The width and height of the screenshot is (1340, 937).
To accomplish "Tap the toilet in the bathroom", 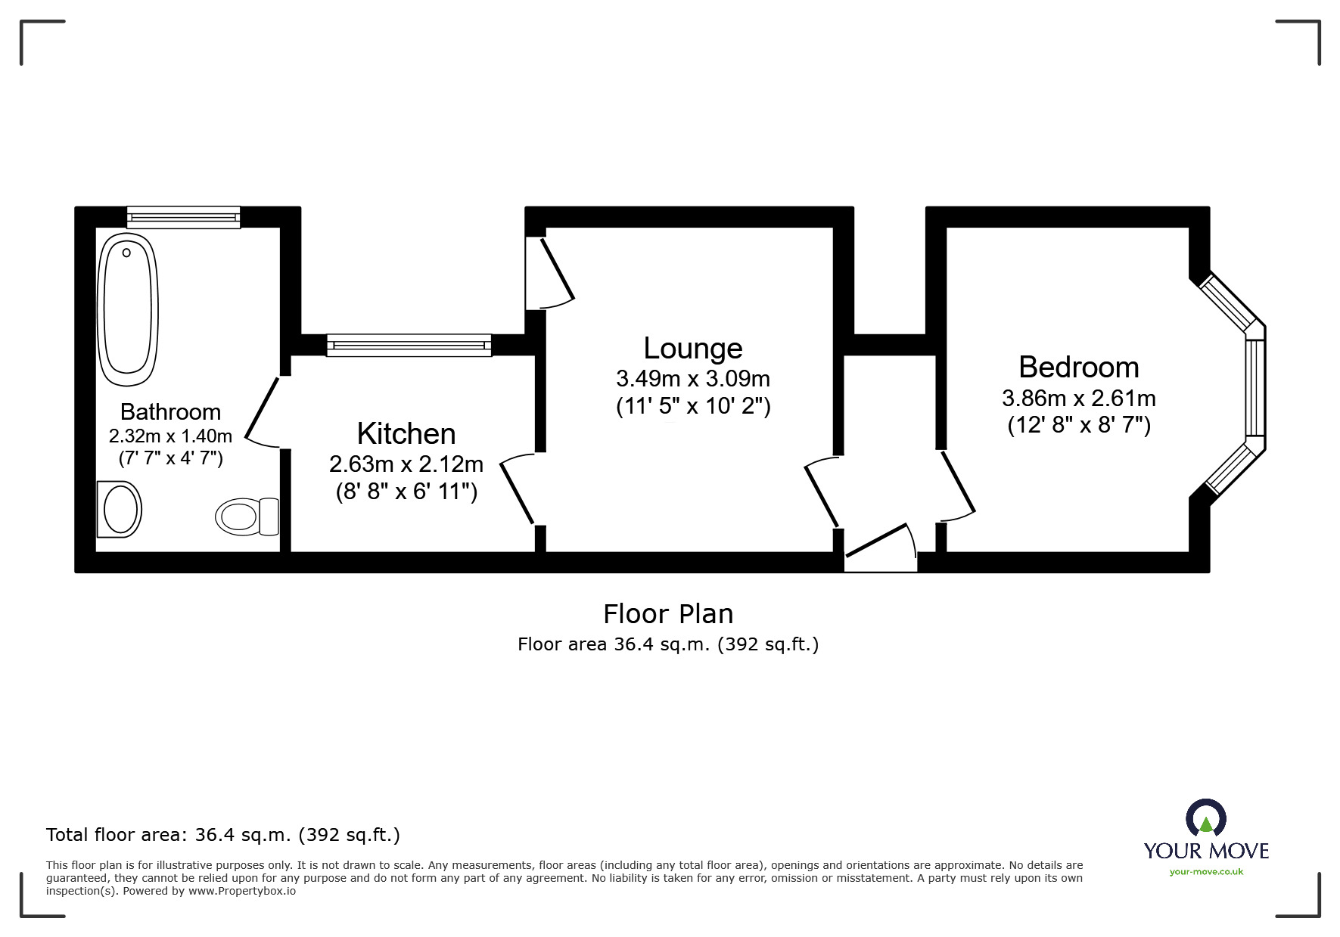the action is (x=247, y=517).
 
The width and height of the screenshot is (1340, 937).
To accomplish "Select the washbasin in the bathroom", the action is (x=120, y=510).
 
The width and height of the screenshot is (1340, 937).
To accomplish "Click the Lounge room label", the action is (x=693, y=348).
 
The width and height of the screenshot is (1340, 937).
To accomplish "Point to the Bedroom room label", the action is (x=1079, y=367).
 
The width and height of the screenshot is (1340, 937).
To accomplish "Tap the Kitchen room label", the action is (x=406, y=433).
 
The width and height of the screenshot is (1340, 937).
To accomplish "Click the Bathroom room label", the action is (x=170, y=411).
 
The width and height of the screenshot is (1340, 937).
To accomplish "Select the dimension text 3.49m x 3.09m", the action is (x=693, y=378).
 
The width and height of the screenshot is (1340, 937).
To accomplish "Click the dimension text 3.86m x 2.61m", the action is (x=1079, y=398).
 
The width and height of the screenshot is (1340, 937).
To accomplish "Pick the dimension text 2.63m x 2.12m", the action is (x=406, y=463).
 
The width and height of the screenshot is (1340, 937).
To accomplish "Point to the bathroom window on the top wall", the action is (x=183, y=217).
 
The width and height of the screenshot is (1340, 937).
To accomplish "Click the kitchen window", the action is (x=409, y=346).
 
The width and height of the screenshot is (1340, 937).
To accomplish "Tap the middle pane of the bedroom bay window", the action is (x=1255, y=388).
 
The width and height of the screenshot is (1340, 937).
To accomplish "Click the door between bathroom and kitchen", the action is (x=260, y=412).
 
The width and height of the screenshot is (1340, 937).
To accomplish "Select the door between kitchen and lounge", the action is (x=518, y=489).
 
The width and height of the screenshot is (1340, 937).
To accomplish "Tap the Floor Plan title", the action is (x=668, y=613).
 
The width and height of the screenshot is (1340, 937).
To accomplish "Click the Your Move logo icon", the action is (x=1205, y=819).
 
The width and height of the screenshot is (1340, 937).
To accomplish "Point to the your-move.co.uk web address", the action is (x=1206, y=872).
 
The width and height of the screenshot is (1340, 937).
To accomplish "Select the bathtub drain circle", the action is (x=126, y=253).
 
